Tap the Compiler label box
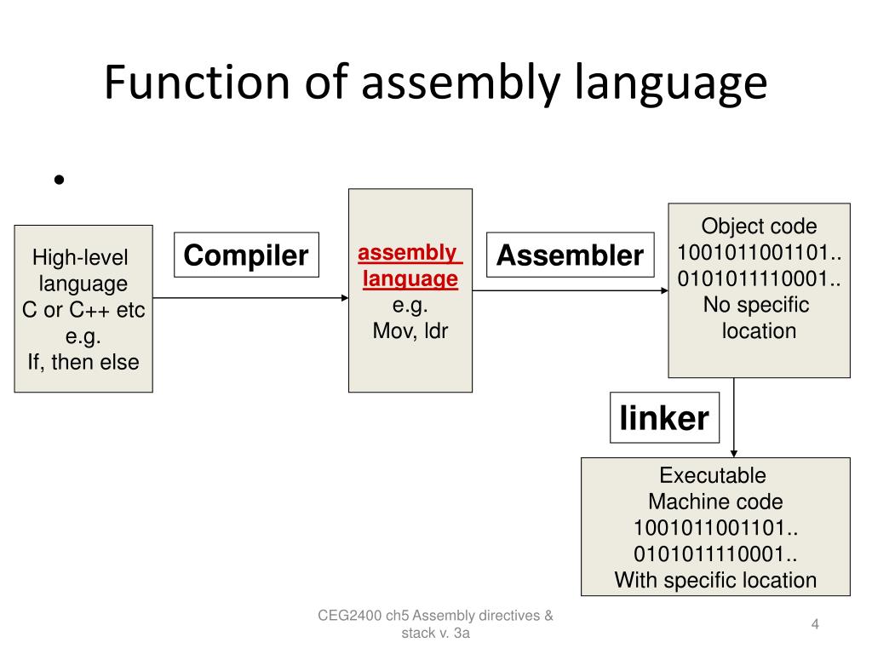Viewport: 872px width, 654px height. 246,255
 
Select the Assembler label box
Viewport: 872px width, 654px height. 570,255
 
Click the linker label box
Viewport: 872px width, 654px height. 663,418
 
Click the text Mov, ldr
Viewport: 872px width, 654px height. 410,330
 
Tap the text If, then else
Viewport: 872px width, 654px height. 83,362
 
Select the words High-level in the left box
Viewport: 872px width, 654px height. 79,258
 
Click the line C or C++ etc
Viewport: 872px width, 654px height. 83,310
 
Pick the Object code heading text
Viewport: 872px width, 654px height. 759,227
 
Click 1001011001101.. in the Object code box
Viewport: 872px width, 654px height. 759,253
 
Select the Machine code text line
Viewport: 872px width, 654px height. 715,502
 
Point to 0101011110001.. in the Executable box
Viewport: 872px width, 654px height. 715,554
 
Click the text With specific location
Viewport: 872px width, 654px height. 715,581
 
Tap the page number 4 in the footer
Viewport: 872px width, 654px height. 815,625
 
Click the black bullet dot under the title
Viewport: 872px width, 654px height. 59,180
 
